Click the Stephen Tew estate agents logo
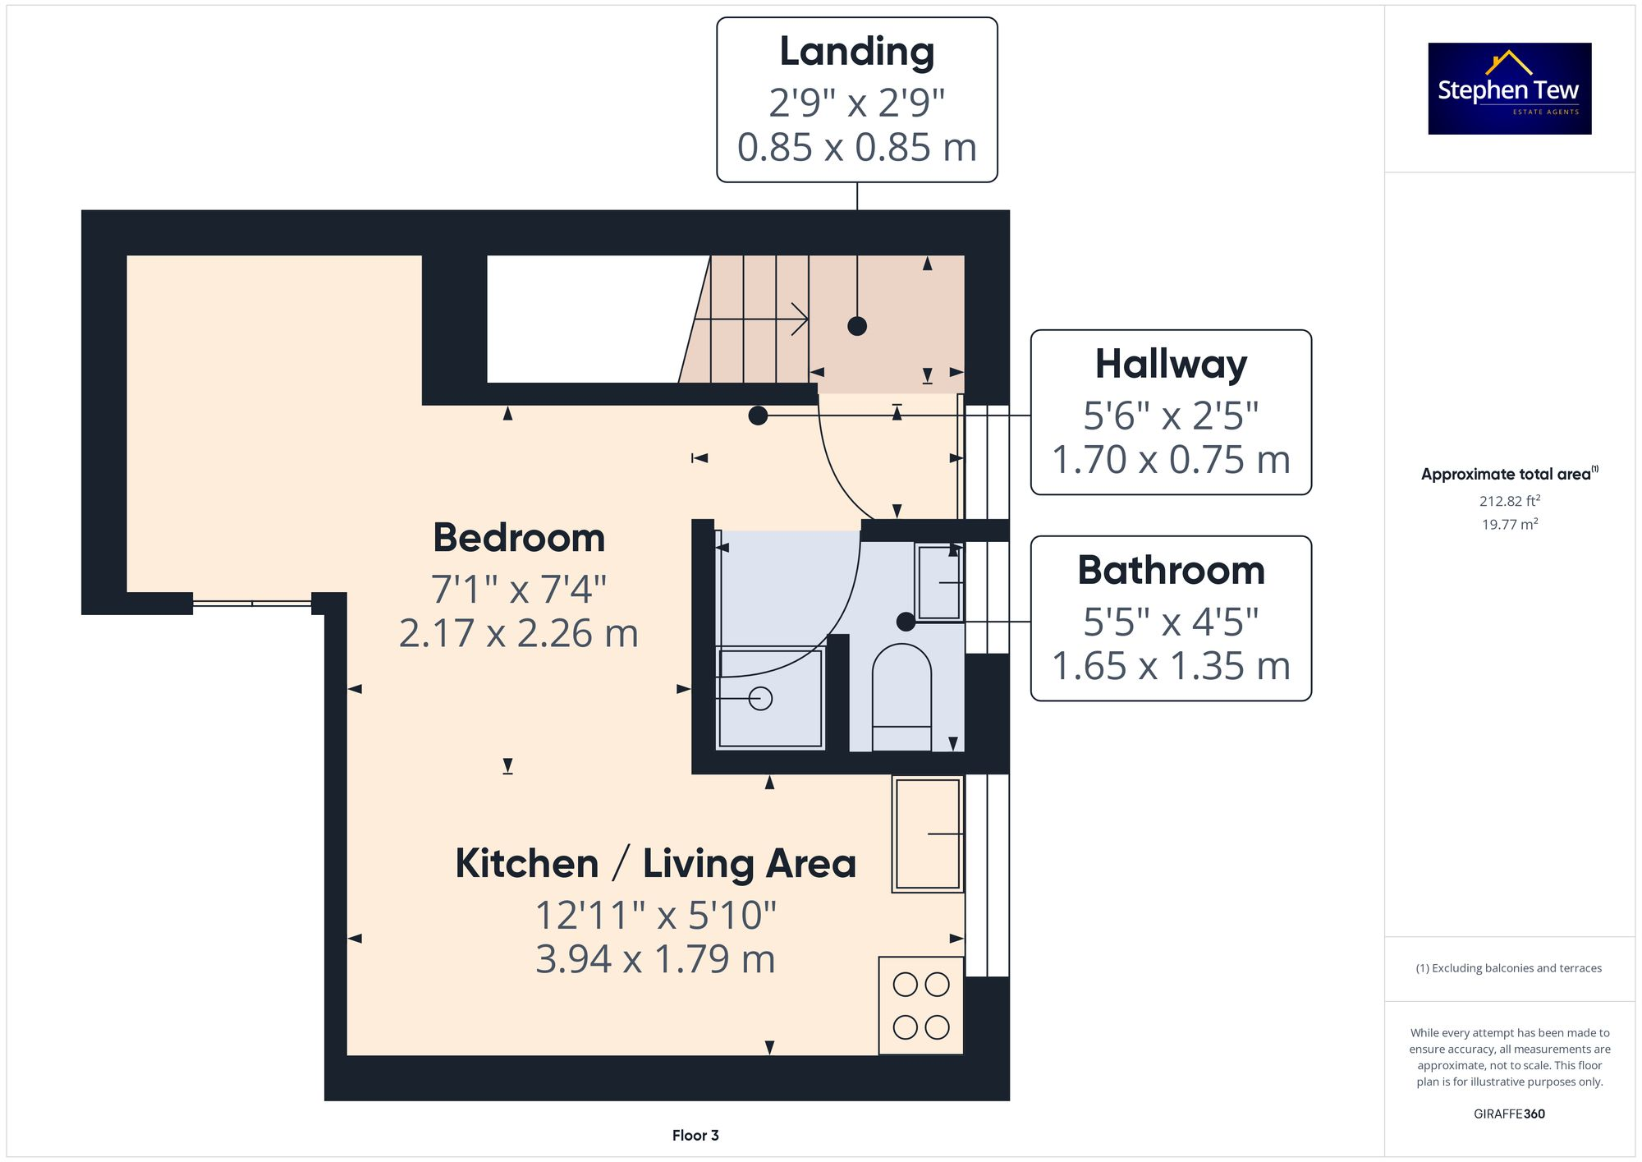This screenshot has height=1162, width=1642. coord(1509,89)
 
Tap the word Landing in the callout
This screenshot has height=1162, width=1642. coord(856,52)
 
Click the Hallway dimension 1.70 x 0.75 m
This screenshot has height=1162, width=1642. coord(1170,460)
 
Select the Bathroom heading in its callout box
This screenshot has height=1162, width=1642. coord(1170,570)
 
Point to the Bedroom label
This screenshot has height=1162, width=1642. coord(519,539)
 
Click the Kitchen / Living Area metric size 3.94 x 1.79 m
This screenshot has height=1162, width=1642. coord(655,959)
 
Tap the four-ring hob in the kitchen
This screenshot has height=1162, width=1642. coord(920,1006)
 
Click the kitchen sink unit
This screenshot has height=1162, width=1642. coord(927,834)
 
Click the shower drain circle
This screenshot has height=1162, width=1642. coord(760,699)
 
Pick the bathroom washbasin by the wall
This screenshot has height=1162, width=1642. coord(938,582)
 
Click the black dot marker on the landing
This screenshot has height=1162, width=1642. coord(856,326)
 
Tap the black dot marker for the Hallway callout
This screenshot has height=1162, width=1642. coord(758,416)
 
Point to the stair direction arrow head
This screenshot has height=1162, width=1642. coord(800,319)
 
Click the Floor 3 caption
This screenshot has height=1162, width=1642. coord(695,1136)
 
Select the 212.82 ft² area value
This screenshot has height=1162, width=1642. coord(1509,501)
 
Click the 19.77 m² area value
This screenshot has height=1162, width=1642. coord(1509,525)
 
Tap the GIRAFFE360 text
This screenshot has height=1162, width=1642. coord(1509,1114)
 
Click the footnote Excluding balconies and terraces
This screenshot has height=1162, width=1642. coord(1509,968)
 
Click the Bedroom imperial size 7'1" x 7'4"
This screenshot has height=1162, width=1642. coord(519,590)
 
